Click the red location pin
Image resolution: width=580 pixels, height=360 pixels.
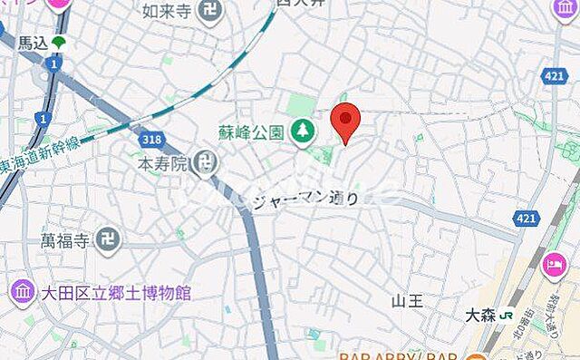345,122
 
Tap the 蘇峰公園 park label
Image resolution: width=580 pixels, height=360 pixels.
251,131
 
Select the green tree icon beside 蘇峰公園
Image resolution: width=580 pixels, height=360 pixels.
302,132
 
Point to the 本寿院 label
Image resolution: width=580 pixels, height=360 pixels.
162,164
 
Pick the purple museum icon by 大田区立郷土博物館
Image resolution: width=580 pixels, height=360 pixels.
21,293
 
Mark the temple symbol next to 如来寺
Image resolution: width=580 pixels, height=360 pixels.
210,11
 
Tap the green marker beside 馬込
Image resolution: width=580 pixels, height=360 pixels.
59,42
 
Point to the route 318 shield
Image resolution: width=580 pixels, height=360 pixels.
150,139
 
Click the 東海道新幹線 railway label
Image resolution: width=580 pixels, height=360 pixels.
40,149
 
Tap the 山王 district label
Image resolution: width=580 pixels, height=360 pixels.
407,301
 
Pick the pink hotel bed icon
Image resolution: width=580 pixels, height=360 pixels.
553,266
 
